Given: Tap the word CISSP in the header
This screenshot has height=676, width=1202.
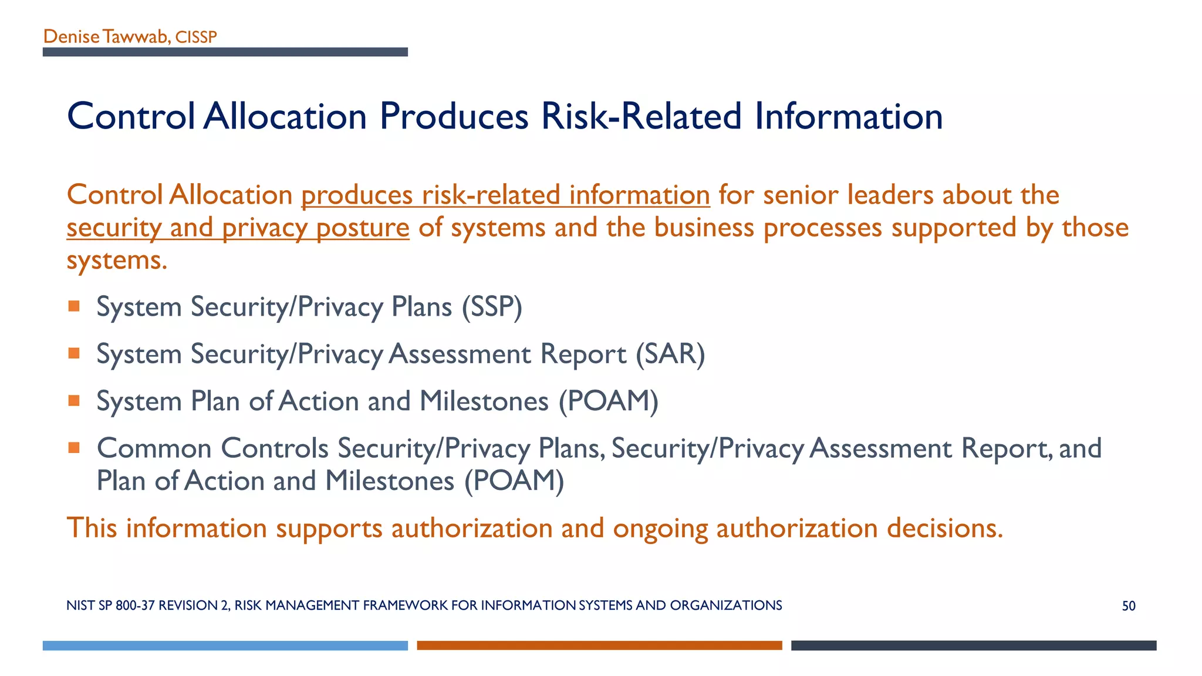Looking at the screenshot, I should [196, 38].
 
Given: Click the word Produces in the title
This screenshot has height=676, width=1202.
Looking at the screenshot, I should [454, 116].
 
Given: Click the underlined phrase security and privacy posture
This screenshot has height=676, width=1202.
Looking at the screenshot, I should [238, 228].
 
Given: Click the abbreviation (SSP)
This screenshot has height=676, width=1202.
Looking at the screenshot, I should [492, 307].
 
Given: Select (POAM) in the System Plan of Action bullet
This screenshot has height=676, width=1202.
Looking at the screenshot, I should [608, 402].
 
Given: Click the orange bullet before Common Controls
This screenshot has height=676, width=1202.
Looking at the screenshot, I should [74, 448].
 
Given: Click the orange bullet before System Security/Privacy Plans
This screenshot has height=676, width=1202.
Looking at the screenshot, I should [74, 306].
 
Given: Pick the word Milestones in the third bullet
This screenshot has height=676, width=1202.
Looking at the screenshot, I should [484, 402].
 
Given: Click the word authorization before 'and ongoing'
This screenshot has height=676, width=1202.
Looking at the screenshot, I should [472, 528].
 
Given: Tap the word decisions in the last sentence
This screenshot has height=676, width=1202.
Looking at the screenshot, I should [944, 528].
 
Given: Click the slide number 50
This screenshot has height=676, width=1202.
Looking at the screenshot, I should [1128, 606].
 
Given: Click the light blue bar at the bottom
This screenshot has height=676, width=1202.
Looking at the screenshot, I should [225, 645].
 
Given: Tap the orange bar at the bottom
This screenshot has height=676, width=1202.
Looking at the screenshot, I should [599, 645].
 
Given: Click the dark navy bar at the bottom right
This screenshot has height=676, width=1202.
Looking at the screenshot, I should [973, 645].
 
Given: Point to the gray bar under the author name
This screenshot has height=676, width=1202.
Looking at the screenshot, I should [225, 52].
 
